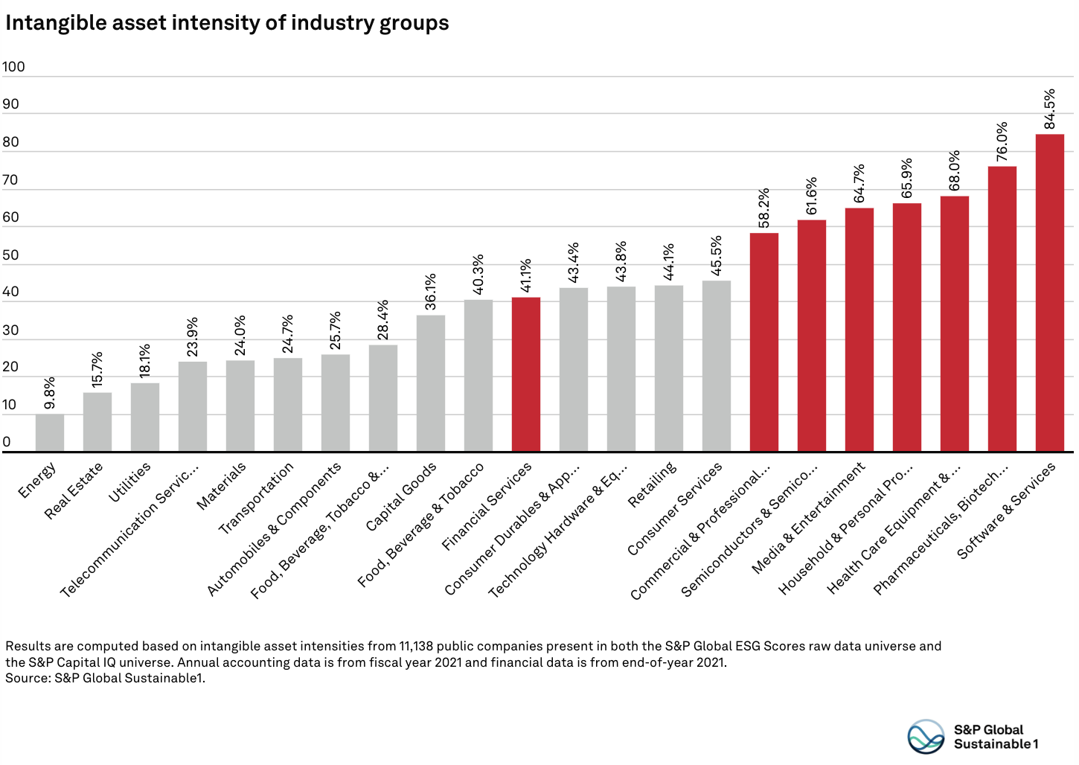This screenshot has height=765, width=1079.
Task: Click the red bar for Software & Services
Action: click(1049, 293)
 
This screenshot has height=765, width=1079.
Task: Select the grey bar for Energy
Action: click(50, 433)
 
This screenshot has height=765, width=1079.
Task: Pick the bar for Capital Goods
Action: click(431, 383)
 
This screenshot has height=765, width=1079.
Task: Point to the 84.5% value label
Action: click(1049, 109)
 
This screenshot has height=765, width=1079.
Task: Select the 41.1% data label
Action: click(526, 276)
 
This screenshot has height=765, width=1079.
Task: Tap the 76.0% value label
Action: click(1002, 141)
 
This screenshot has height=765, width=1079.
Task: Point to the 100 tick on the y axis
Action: click(13, 67)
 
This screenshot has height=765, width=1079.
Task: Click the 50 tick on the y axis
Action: click(10, 255)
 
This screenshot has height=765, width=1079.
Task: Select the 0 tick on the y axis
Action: click(7, 442)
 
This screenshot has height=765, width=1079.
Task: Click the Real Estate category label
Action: click(74, 491)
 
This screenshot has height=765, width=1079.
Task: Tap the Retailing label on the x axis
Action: click(652, 485)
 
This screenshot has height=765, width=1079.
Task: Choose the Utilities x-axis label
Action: click(129, 482)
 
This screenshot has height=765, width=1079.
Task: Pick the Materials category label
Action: click(221, 487)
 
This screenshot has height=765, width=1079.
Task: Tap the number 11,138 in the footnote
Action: click(421, 646)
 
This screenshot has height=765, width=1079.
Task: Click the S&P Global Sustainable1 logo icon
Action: click(926, 736)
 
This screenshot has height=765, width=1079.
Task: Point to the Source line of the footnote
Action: click(105, 678)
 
